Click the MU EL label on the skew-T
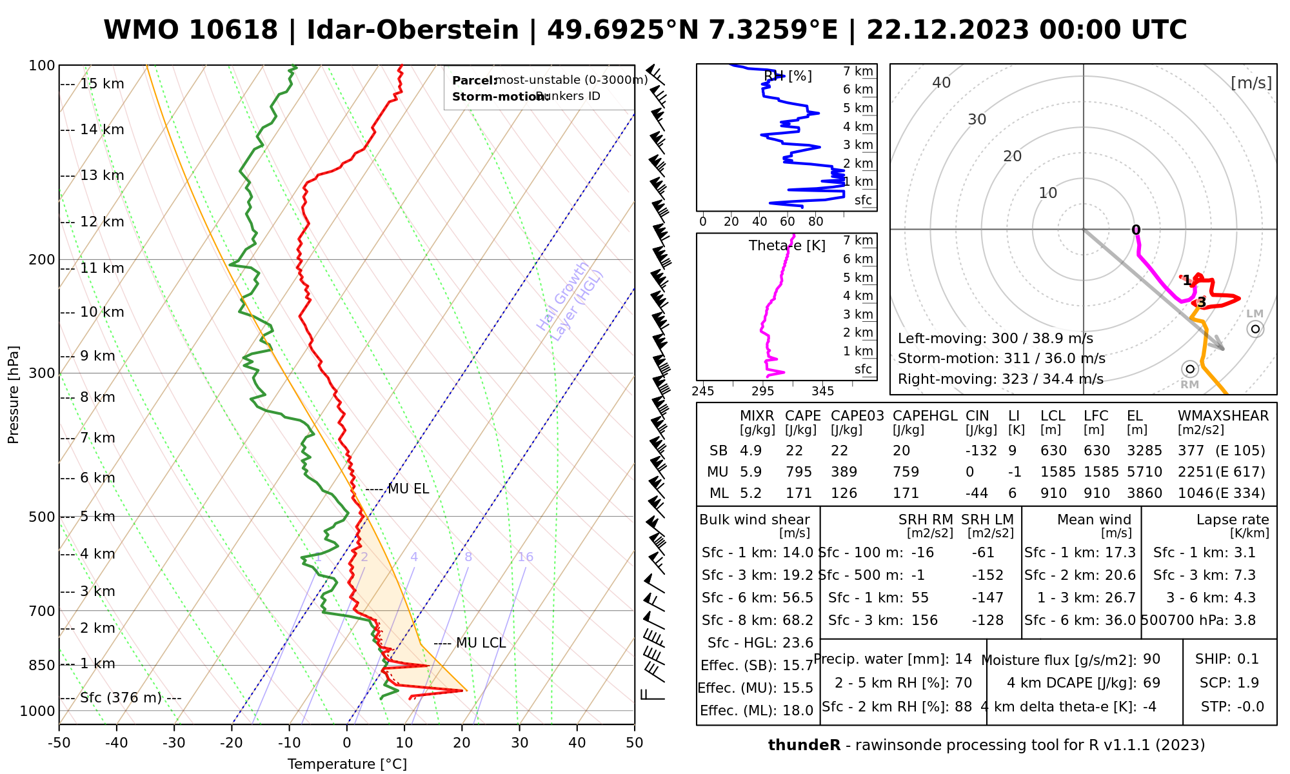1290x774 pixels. tap(408, 489)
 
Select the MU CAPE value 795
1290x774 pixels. tap(798, 472)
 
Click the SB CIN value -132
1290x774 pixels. tap(981, 451)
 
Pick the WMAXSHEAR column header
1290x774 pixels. tap(1223, 416)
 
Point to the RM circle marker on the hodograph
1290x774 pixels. tap(1190, 369)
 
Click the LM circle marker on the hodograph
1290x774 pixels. tap(1255, 329)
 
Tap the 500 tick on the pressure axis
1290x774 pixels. tap(42, 517)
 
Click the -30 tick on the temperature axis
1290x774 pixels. tap(174, 743)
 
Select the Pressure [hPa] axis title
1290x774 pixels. tap(14, 395)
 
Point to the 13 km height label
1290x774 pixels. tap(102, 175)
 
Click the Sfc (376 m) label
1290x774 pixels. tap(121, 698)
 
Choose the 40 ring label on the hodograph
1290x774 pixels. tap(942, 83)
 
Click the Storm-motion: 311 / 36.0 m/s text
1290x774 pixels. tap(1001, 359)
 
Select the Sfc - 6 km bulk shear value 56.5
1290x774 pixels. tap(798, 598)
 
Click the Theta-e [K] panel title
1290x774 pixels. tap(787, 246)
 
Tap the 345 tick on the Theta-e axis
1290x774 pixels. tap(822, 392)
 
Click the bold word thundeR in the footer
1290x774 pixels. tap(804, 746)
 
